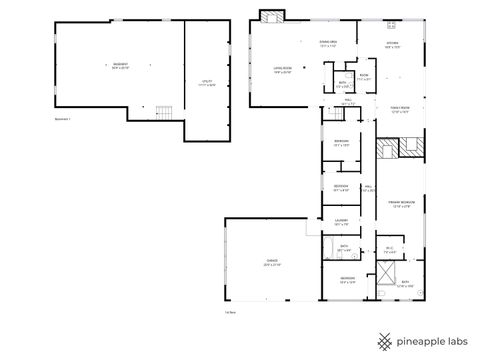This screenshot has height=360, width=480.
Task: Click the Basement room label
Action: (121, 66)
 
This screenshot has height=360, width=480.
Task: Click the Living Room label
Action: (283, 69)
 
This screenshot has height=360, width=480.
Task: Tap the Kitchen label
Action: (394, 45)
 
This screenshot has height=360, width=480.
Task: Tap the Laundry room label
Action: (341, 224)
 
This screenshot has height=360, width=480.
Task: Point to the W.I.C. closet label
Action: (390, 251)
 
